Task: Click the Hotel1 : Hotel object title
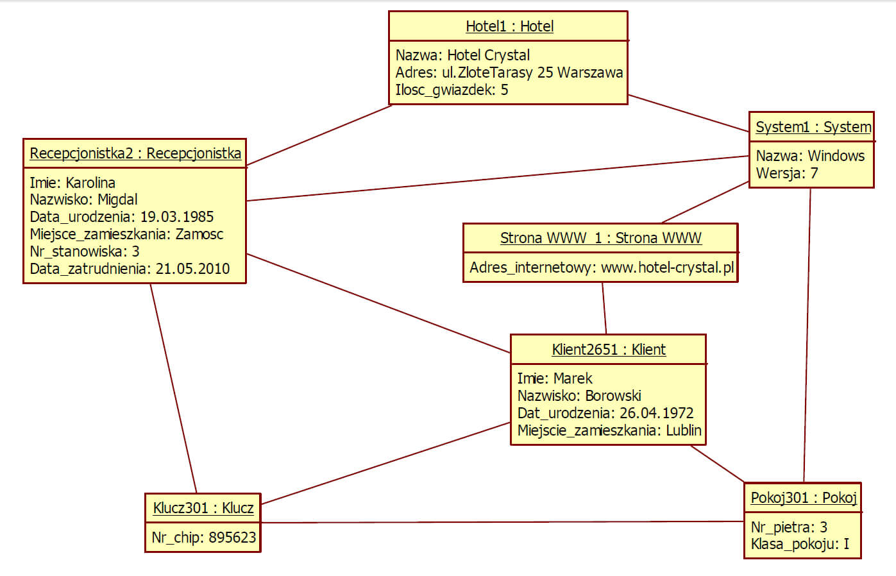[509, 26]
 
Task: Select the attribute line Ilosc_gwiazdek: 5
[452, 90]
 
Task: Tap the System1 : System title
[813, 127]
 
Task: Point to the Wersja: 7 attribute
[786, 173]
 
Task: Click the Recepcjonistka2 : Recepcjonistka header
[135, 153]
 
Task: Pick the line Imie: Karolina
[72, 183]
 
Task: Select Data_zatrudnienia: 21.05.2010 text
[130, 269]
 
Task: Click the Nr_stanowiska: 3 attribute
[84, 251]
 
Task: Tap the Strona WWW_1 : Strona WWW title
[600, 238]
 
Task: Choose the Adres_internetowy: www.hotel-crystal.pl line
[601, 267]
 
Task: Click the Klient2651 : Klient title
[609, 350]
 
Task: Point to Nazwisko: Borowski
[579, 396]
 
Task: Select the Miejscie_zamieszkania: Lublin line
[609, 430]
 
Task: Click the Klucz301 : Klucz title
[203, 508]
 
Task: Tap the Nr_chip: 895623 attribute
[203, 538]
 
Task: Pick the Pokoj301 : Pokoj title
[804, 498]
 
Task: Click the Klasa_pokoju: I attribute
[800, 545]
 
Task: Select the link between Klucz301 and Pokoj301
[500, 522]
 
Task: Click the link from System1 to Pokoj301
[807, 334]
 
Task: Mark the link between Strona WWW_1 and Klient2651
[604, 308]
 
